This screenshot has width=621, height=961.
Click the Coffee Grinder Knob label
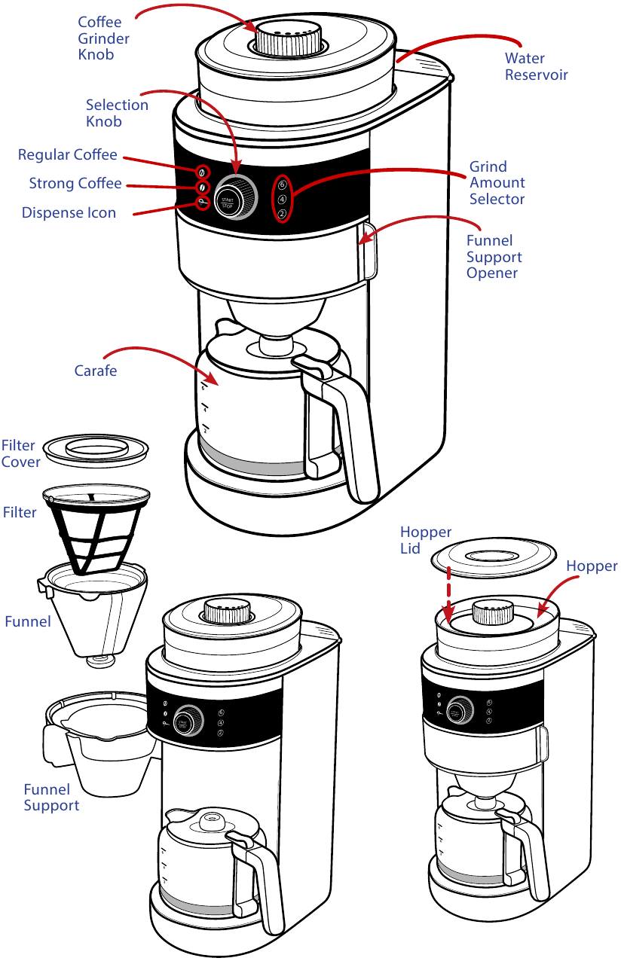coord(104,38)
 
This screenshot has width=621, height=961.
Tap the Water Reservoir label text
coord(536,66)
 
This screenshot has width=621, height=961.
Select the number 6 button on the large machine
coord(283,185)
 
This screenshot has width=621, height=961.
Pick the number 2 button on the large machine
coord(282,215)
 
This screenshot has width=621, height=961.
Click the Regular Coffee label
coord(68,154)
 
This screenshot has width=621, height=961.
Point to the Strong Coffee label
coord(75,183)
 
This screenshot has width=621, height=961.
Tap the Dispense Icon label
coord(69,212)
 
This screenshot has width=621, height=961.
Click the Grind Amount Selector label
coord(497,182)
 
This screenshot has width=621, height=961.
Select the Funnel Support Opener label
coord(494,257)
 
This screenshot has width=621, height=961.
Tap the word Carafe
coord(96,371)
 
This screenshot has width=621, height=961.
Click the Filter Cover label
coord(20,453)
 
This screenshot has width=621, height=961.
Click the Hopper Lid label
coord(425,541)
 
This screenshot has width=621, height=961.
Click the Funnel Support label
coord(51,798)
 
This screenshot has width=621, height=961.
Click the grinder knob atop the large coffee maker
coord(290,38)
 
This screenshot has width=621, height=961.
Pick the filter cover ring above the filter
coord(95,450)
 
